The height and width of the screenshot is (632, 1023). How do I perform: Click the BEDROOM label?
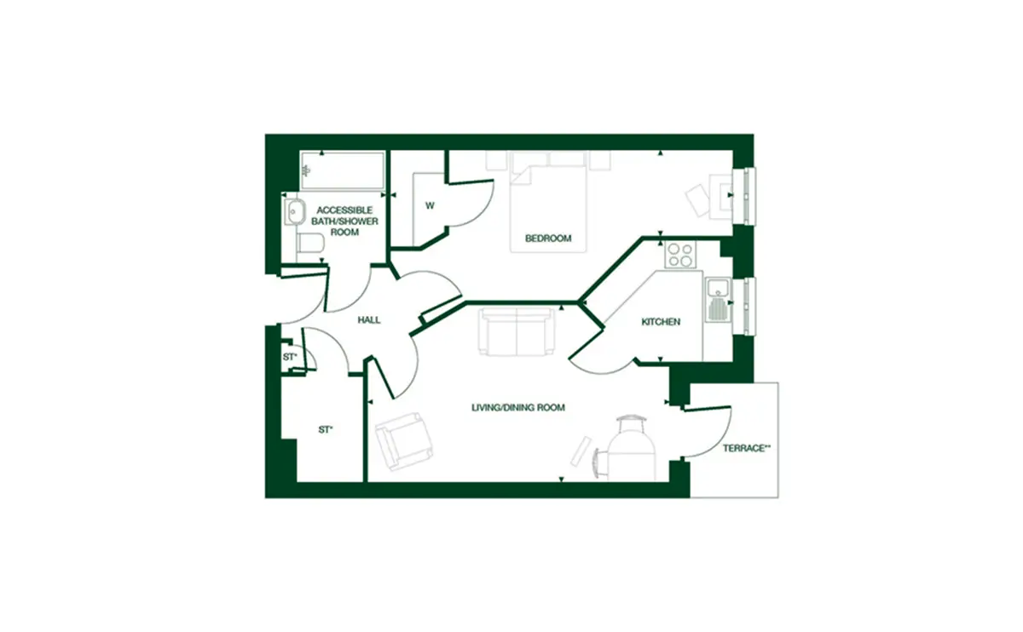pos(548,238)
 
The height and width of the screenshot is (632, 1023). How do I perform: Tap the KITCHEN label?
pos(661,322)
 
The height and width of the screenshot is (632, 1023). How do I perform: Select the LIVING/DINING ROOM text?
pos(518,407)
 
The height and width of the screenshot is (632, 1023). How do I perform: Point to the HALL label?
pos(369,320)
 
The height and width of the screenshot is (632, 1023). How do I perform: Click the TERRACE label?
pos(746,448)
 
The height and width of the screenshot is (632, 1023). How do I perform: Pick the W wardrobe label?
pos(430,206)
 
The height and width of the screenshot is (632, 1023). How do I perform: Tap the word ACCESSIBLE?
pos(344,210)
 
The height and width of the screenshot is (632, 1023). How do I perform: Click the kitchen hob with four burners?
pos(680,255)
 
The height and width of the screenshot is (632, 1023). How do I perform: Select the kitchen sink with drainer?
pos(719,299)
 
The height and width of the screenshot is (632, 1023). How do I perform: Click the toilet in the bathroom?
pos(310,243)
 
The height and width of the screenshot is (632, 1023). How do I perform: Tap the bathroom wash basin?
pos(295,212)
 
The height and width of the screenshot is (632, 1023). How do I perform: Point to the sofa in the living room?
pos(517,331)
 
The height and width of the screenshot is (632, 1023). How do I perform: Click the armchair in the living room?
pos(404,441)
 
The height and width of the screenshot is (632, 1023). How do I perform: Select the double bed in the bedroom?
pos(548,209)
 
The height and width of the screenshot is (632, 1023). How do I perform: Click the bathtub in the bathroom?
pos(343,170)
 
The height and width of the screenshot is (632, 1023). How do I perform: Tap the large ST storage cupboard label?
pos(326,429)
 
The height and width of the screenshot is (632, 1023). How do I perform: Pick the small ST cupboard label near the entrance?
pos(290,356)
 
